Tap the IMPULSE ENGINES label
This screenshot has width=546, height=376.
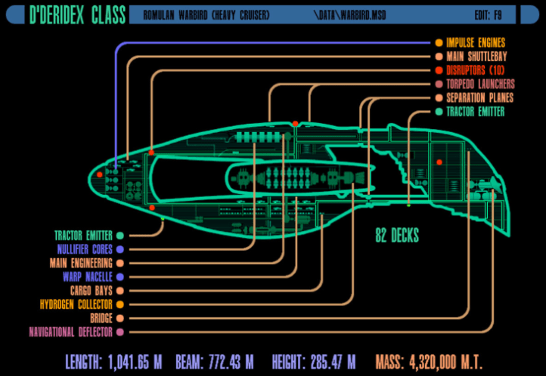pyautogui.click(x=476, y=43)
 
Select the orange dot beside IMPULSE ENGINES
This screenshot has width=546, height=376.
pyautogui.click(x=439, y=43)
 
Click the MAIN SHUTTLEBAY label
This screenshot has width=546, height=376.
pyautogui.click(x=476, y=57)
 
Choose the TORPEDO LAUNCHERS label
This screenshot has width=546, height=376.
pyautogui.click(x=480, y=84)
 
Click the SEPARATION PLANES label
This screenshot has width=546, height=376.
pyautogui.click(x=479, y=97)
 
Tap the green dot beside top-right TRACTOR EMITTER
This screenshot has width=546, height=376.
pyautogui.click(x=439, y=112)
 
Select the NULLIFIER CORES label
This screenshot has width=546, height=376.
pyautogui.click(x=85, y=249)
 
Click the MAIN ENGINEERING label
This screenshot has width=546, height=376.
pyautogui.click(x=81, y=263)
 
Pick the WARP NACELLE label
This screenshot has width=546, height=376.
pyautogui.click(x=88, y=276)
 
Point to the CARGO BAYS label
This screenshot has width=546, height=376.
pyautogui.click(x=92, y=290)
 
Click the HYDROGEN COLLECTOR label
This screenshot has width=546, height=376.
pyautogui.click(x=76, y=304)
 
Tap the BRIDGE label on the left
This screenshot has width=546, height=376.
pyautogui.click(x=101, y=318)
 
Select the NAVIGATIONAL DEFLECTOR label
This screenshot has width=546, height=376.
pyautogui.click(x=70, y=331)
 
